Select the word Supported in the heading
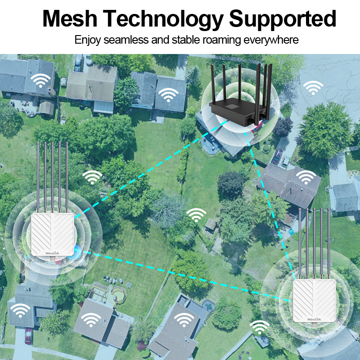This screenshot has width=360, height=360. point(283,18)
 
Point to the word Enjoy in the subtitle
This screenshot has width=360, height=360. point(88,40)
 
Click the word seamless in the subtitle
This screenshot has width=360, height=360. point(127,40)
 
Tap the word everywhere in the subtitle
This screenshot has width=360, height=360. point(271,40)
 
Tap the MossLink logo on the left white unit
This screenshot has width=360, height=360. point(54,253)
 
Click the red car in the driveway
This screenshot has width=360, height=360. point(28,336)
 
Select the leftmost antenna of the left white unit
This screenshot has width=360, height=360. point(39,175)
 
